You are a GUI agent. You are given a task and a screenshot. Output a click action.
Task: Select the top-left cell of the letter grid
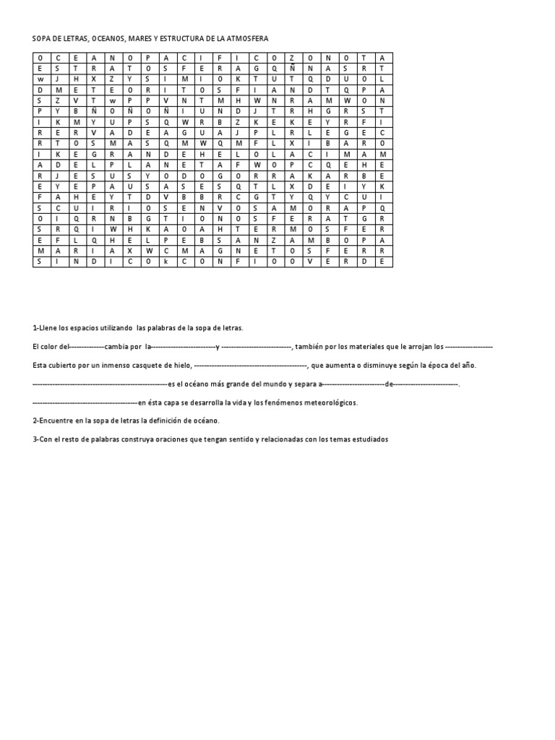pos(40,56)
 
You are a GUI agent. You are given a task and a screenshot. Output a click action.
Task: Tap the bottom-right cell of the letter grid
pos(384,262)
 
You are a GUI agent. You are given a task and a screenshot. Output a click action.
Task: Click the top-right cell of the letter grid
pos(384,56)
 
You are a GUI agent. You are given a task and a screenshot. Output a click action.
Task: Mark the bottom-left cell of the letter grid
pos(40,262)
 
